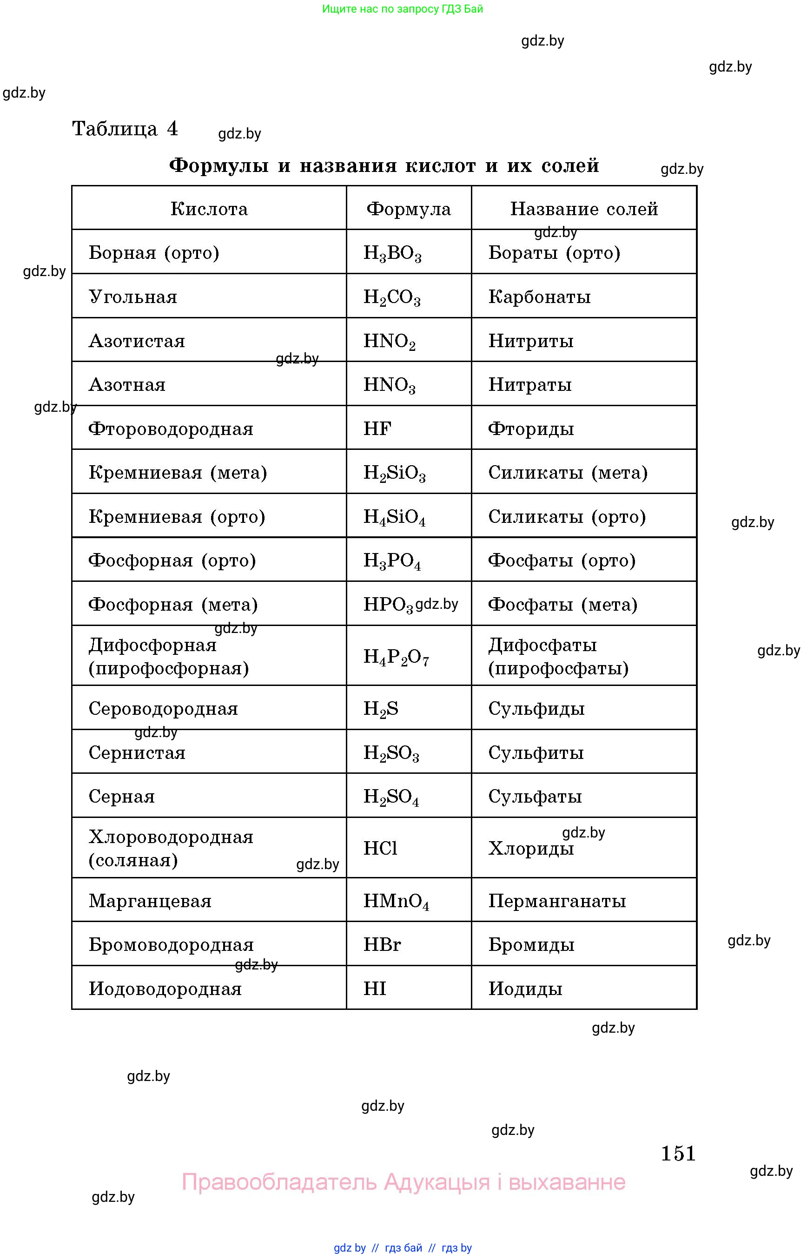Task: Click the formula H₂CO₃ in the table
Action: tap(392, 297)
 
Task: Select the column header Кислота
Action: tap(209, 209)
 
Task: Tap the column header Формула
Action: tap(408, 209)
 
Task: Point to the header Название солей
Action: tap(584, 209)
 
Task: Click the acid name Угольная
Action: tap(133, 297)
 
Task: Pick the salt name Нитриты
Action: tap(531, 341)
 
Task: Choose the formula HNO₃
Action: tap(390, 386)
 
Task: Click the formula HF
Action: tap(377, 429)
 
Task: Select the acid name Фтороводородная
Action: tap(171, 429)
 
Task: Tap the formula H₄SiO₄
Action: tap(394, 518)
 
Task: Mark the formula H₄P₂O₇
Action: tap(396, 657)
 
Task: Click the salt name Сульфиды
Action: tap(536, 709)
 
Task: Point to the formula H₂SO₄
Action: tap(391, 797)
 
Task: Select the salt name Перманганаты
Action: tap(557, 901)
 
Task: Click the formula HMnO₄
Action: tap(396, 902)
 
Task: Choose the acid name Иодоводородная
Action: tap(165, 989)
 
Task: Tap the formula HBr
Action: tap(382, 945)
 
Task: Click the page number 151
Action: tap(678, 1153)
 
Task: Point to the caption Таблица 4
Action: tap(125, 128)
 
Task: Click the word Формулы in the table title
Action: tap(219, 165)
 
